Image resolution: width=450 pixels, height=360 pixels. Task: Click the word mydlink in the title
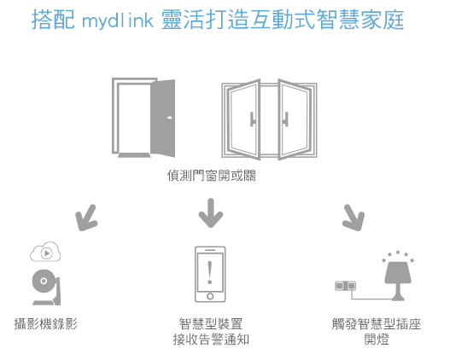118,20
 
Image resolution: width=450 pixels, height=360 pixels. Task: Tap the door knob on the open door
170,117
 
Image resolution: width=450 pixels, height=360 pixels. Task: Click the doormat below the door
134,155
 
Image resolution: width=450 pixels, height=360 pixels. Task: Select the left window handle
252,119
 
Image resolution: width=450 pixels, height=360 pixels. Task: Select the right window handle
285,119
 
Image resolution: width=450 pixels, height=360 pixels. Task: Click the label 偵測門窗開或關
211,176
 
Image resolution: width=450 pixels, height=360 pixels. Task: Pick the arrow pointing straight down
211,212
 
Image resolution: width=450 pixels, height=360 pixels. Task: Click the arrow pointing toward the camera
86,218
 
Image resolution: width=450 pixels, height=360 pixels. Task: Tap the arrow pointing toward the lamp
354,218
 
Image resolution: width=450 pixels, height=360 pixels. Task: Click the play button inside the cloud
46,253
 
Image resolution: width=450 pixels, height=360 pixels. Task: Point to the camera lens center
44,281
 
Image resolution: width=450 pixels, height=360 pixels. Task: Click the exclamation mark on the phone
210,273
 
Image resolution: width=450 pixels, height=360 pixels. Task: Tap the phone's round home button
210,296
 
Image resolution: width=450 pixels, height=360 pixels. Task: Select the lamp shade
398,271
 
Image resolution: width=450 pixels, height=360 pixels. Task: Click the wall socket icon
346,286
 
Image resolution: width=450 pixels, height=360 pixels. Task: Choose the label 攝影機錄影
46,324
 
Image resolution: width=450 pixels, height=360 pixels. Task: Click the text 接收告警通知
211,340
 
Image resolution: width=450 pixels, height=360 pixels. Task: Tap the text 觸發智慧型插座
377,324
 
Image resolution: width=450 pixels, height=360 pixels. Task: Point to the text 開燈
377,340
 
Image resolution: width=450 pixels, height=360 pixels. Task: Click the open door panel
163,118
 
